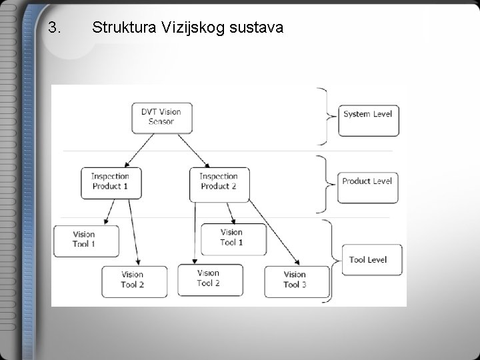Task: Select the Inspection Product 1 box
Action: point(111,181)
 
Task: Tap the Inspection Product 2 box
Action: point(219,181)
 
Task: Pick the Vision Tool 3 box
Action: point(296,280)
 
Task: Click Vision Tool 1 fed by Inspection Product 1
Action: point(85,240)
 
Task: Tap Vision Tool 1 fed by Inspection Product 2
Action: point(232,238)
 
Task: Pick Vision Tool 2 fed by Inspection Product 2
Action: point(209,279)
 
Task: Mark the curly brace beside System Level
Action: point(325,116)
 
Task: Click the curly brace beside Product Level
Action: point(325,181)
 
